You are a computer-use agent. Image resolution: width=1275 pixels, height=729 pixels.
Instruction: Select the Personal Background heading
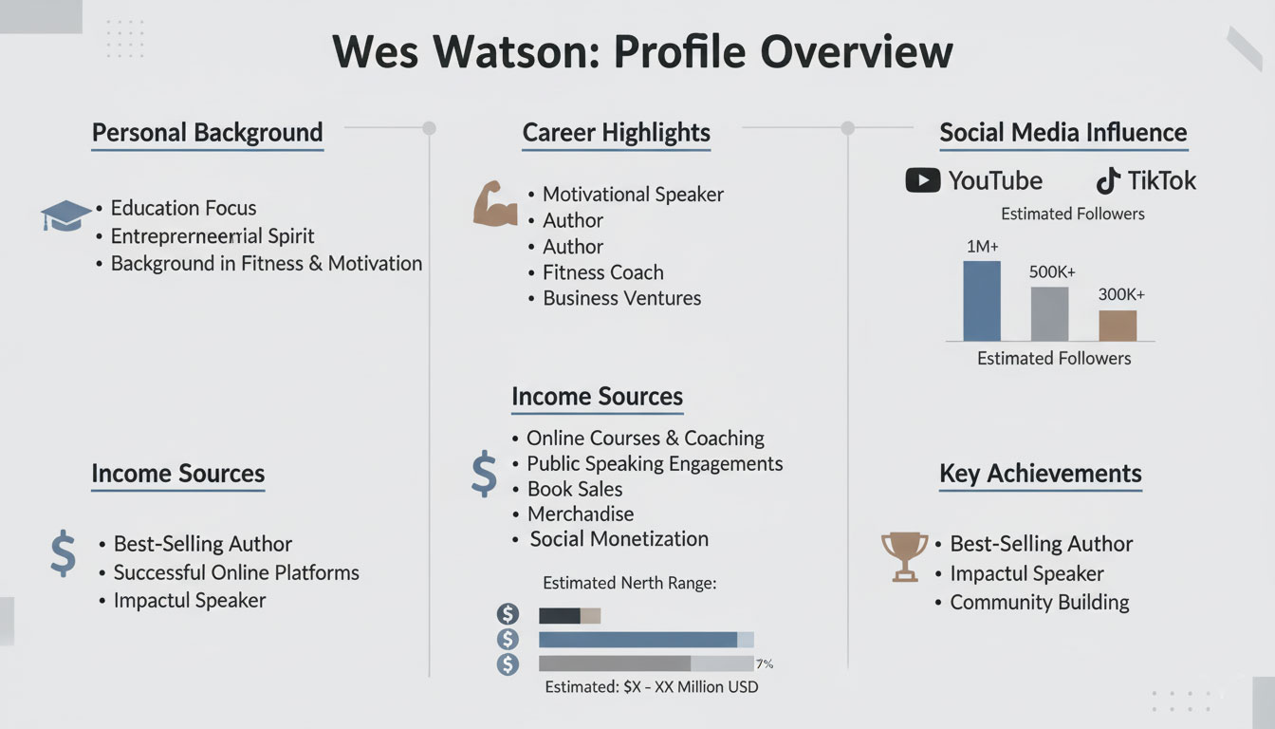tap(207, 133)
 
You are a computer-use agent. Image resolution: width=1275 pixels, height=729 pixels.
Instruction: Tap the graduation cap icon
tap(65, 215)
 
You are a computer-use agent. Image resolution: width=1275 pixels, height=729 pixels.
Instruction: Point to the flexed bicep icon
tap(494, 203)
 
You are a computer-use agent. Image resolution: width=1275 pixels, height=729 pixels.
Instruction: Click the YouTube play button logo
tap(922, 180)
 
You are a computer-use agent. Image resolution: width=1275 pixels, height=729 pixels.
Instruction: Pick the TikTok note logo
tap(1107, 180)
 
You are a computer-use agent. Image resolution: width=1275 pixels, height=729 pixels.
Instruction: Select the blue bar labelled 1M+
tap(981, 300)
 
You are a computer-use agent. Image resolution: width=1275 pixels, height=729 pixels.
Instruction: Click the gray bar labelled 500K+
tap(1049, 313)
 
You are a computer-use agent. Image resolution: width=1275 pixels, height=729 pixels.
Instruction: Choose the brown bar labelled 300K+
tap(1118, 325)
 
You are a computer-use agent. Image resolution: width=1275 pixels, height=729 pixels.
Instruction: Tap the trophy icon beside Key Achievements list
tap(904, 556)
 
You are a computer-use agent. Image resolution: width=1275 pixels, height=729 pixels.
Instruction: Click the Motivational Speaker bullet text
tap(633, 195)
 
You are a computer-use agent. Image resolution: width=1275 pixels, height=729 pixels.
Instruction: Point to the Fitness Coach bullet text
tap(602, 272)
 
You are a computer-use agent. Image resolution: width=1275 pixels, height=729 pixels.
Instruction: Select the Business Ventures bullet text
tap(621, 298)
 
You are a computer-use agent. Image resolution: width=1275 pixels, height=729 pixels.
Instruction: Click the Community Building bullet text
tap(1039, 603)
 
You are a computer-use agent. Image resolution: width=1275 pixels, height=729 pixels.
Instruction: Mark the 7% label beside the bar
tap(766, 664)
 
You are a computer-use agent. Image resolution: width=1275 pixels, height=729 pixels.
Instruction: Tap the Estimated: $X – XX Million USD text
tap(651, 686)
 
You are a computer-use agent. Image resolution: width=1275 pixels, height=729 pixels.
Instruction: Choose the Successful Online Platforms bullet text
tap(236, 572)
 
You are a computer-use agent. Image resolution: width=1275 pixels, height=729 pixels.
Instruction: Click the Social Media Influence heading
tap(1062, 133)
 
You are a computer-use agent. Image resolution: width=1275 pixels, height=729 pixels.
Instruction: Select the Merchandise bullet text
tap(580, 514)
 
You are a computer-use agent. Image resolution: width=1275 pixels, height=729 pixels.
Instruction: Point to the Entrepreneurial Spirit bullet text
tap(212, 236)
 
